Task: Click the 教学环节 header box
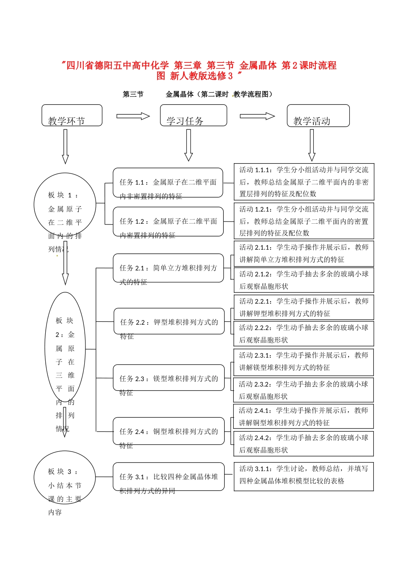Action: pos(72,116)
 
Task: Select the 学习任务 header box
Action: pos(193,116)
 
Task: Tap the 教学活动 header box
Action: pos(318,116)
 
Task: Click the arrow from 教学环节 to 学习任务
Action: pos(133,116)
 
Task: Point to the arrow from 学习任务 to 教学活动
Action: pos(257,116)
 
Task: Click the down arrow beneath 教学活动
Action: pos(312,145)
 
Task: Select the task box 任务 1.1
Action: pos(168,183)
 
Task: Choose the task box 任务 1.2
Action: pos(168,222)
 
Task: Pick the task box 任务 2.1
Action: pos(168,268)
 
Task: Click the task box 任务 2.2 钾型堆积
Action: pos(169,322)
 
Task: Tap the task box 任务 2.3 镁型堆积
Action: pos(168,378)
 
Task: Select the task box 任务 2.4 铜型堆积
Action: pos(168,431)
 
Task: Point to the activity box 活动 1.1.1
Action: pos(304,182)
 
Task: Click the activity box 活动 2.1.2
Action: pos(304,280)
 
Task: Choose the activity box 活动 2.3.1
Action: pos(304,362)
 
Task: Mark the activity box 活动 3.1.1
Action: pos(304,476)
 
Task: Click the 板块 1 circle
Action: pos(65,204)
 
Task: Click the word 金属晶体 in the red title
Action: pos(258,65)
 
